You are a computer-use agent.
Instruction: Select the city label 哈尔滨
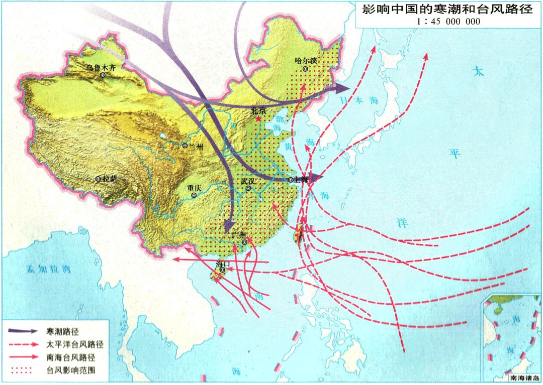[306, 60]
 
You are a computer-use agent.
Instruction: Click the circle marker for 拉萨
[98, 179]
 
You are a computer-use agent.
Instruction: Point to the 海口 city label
[222, 263]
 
